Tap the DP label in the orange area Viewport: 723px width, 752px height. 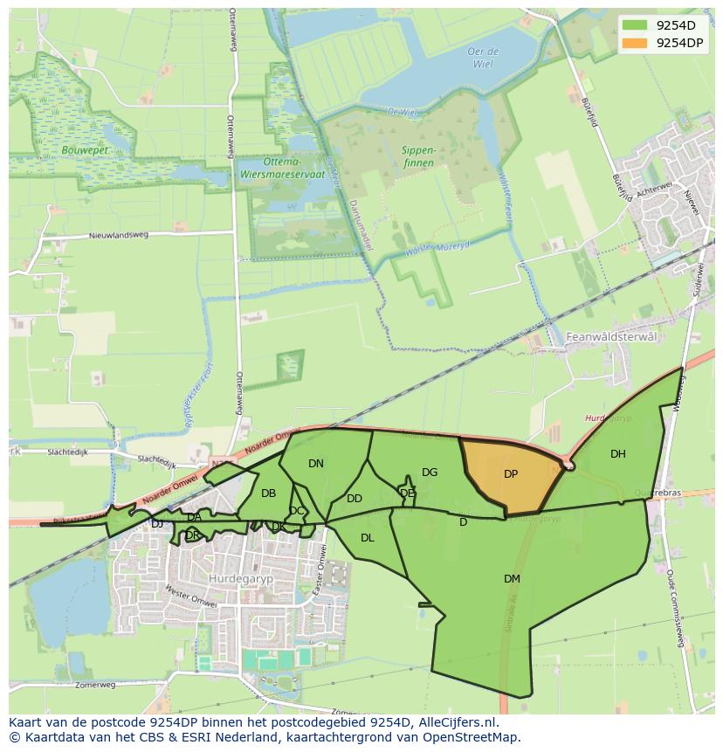click(511, 474)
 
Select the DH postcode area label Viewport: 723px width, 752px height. click(618, 453)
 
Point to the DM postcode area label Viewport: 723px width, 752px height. click(512, 578)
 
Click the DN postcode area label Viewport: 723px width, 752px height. click(316, 464)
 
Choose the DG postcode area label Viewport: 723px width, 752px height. click(430, 473)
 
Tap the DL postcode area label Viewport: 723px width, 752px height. click(368, 538)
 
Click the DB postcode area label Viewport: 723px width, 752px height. click(269, 493)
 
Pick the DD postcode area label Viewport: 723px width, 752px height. click(355, 499)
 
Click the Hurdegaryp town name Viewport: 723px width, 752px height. click(238, 578)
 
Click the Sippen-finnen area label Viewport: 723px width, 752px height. click(419, 156)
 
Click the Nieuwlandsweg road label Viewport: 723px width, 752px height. click(119, 235)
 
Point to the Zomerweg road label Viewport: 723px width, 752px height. click(95, 686)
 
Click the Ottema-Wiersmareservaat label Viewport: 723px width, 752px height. click(281, 168)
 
